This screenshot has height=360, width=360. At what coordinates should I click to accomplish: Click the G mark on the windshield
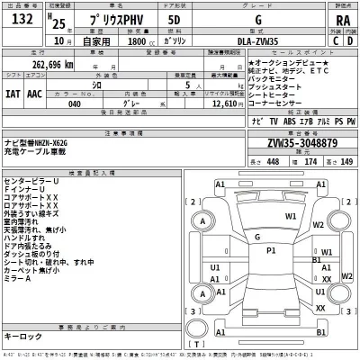(257, 214)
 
